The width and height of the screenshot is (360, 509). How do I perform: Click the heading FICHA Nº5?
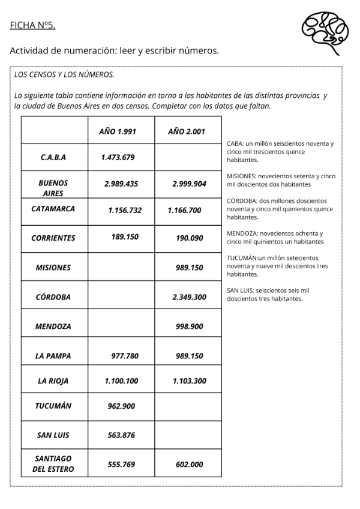coord(32,25)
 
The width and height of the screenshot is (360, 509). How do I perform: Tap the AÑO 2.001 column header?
coord(188,131)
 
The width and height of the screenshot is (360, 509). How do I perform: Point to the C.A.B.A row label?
coord(53,157)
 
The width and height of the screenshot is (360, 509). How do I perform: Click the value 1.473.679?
coord(118,157)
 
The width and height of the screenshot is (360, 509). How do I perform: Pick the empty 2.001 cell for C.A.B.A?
coord(188,157)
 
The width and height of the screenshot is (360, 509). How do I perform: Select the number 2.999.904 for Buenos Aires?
coord(189,184)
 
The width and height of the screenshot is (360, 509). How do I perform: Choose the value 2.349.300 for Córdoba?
coord(189,297)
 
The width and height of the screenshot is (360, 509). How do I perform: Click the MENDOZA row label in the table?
coord(53,327)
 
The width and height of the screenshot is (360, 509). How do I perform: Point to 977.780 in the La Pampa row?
coord(125,356)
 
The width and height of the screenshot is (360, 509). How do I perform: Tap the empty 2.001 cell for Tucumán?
coord(188,406)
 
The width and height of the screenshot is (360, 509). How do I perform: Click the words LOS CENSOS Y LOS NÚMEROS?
coord(64,75)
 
